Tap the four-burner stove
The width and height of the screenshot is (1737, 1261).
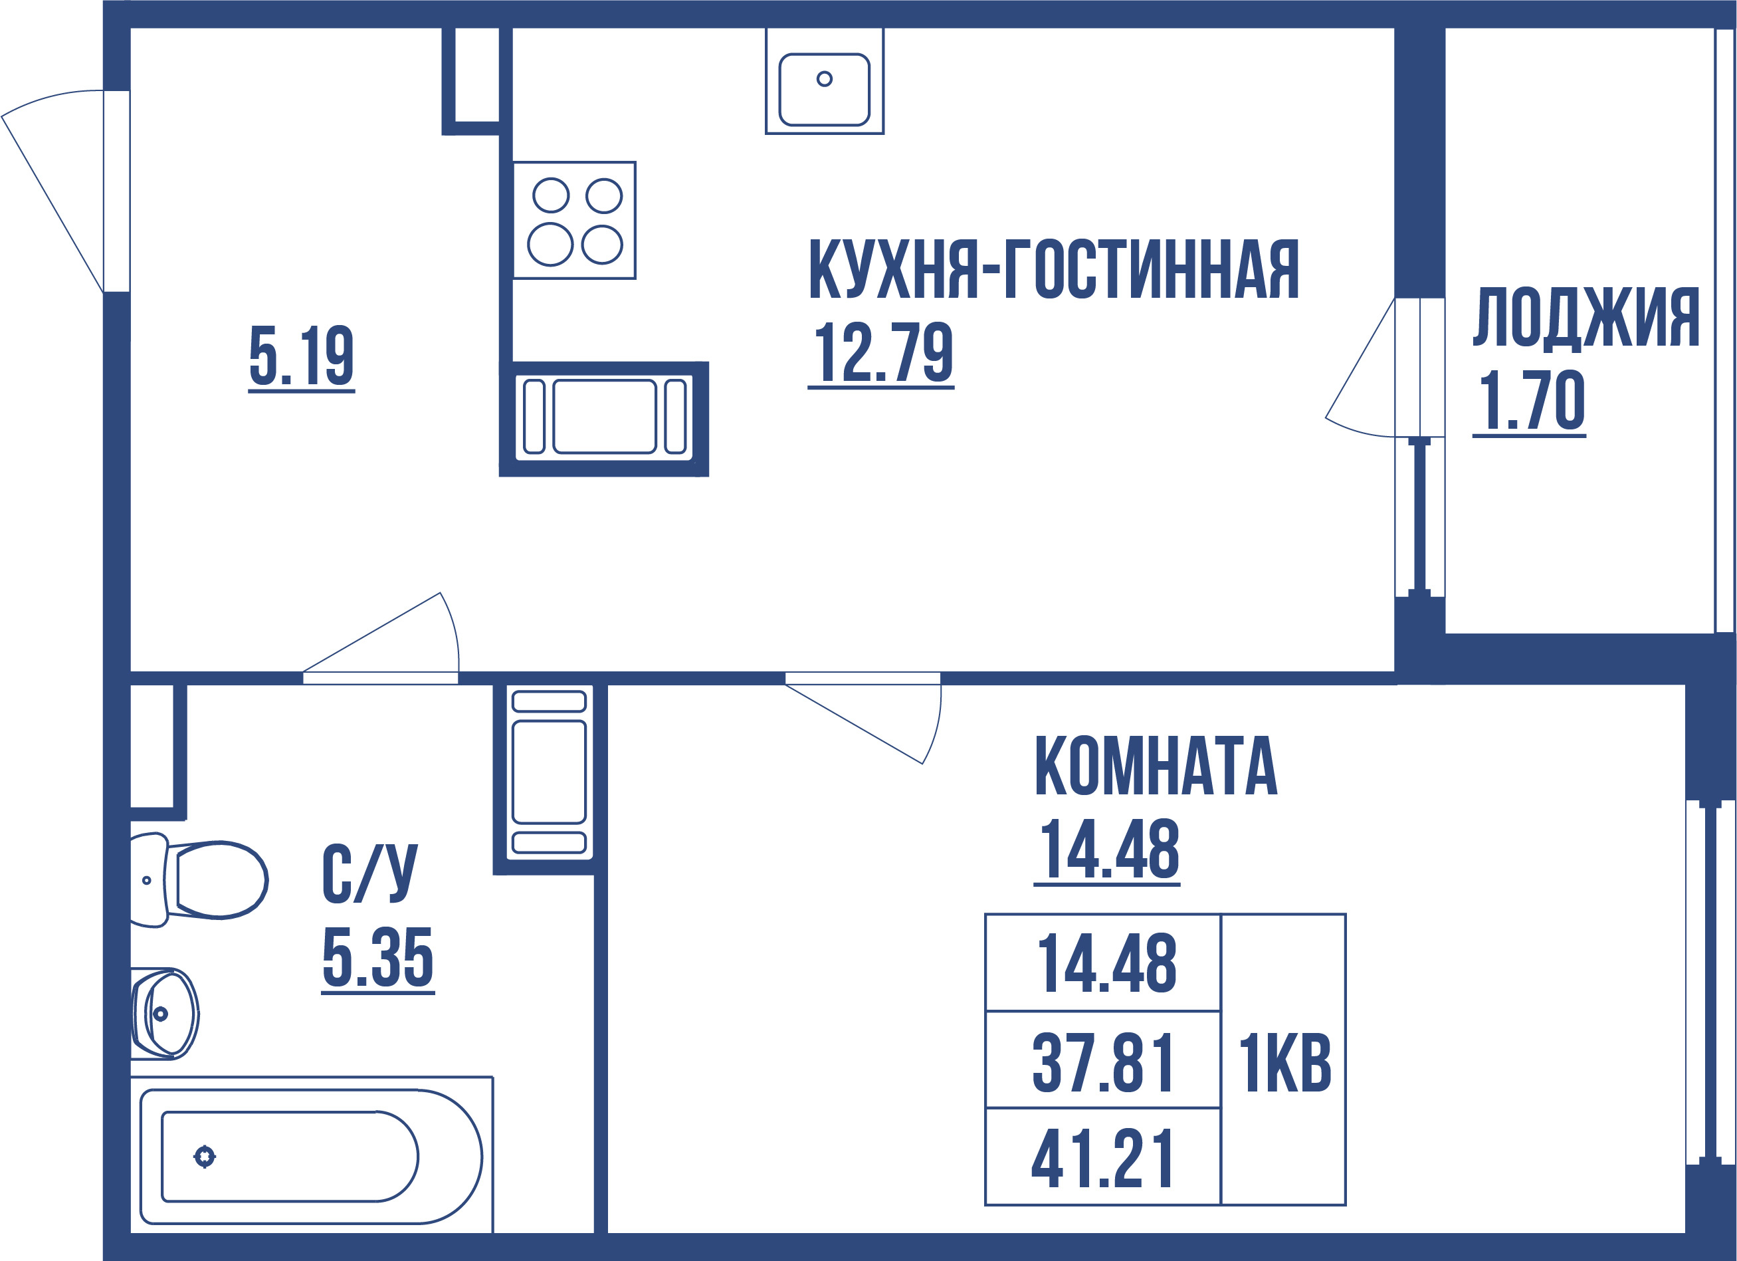pyautogui.click(x=574, y=221)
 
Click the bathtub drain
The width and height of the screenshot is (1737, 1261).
pyautogui.click(x=205, y=1156)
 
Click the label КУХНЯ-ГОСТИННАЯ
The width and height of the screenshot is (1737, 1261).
pyautogui.click(x=1053, y=270)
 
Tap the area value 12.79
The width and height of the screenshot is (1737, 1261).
pyautogui.click(x=882, y=352)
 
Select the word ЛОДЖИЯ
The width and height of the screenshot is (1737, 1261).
pyautogui.click(x=1585, y=318)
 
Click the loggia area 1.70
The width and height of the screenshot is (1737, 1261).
pyautogui.click(x=1530, y=401)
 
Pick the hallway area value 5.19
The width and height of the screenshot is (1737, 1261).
pyautogui.click(x=301, y=356)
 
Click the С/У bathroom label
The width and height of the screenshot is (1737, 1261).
pyautogui.click(x=370, y=873)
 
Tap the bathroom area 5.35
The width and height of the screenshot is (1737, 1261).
pyautogui.click(x=377, y=958)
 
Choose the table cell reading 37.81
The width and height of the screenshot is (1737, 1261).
pyautogui.click(x=1102, y=1063)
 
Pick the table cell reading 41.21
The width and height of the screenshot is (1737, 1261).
pyautogui.click(x=1102, y=1159)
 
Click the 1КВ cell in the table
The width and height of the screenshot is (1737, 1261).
pyautogui.click(x=1284, y=1063)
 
